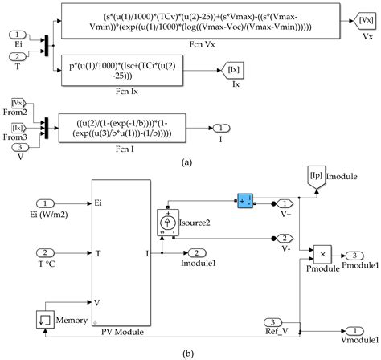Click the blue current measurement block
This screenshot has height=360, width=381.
[244, 198]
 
